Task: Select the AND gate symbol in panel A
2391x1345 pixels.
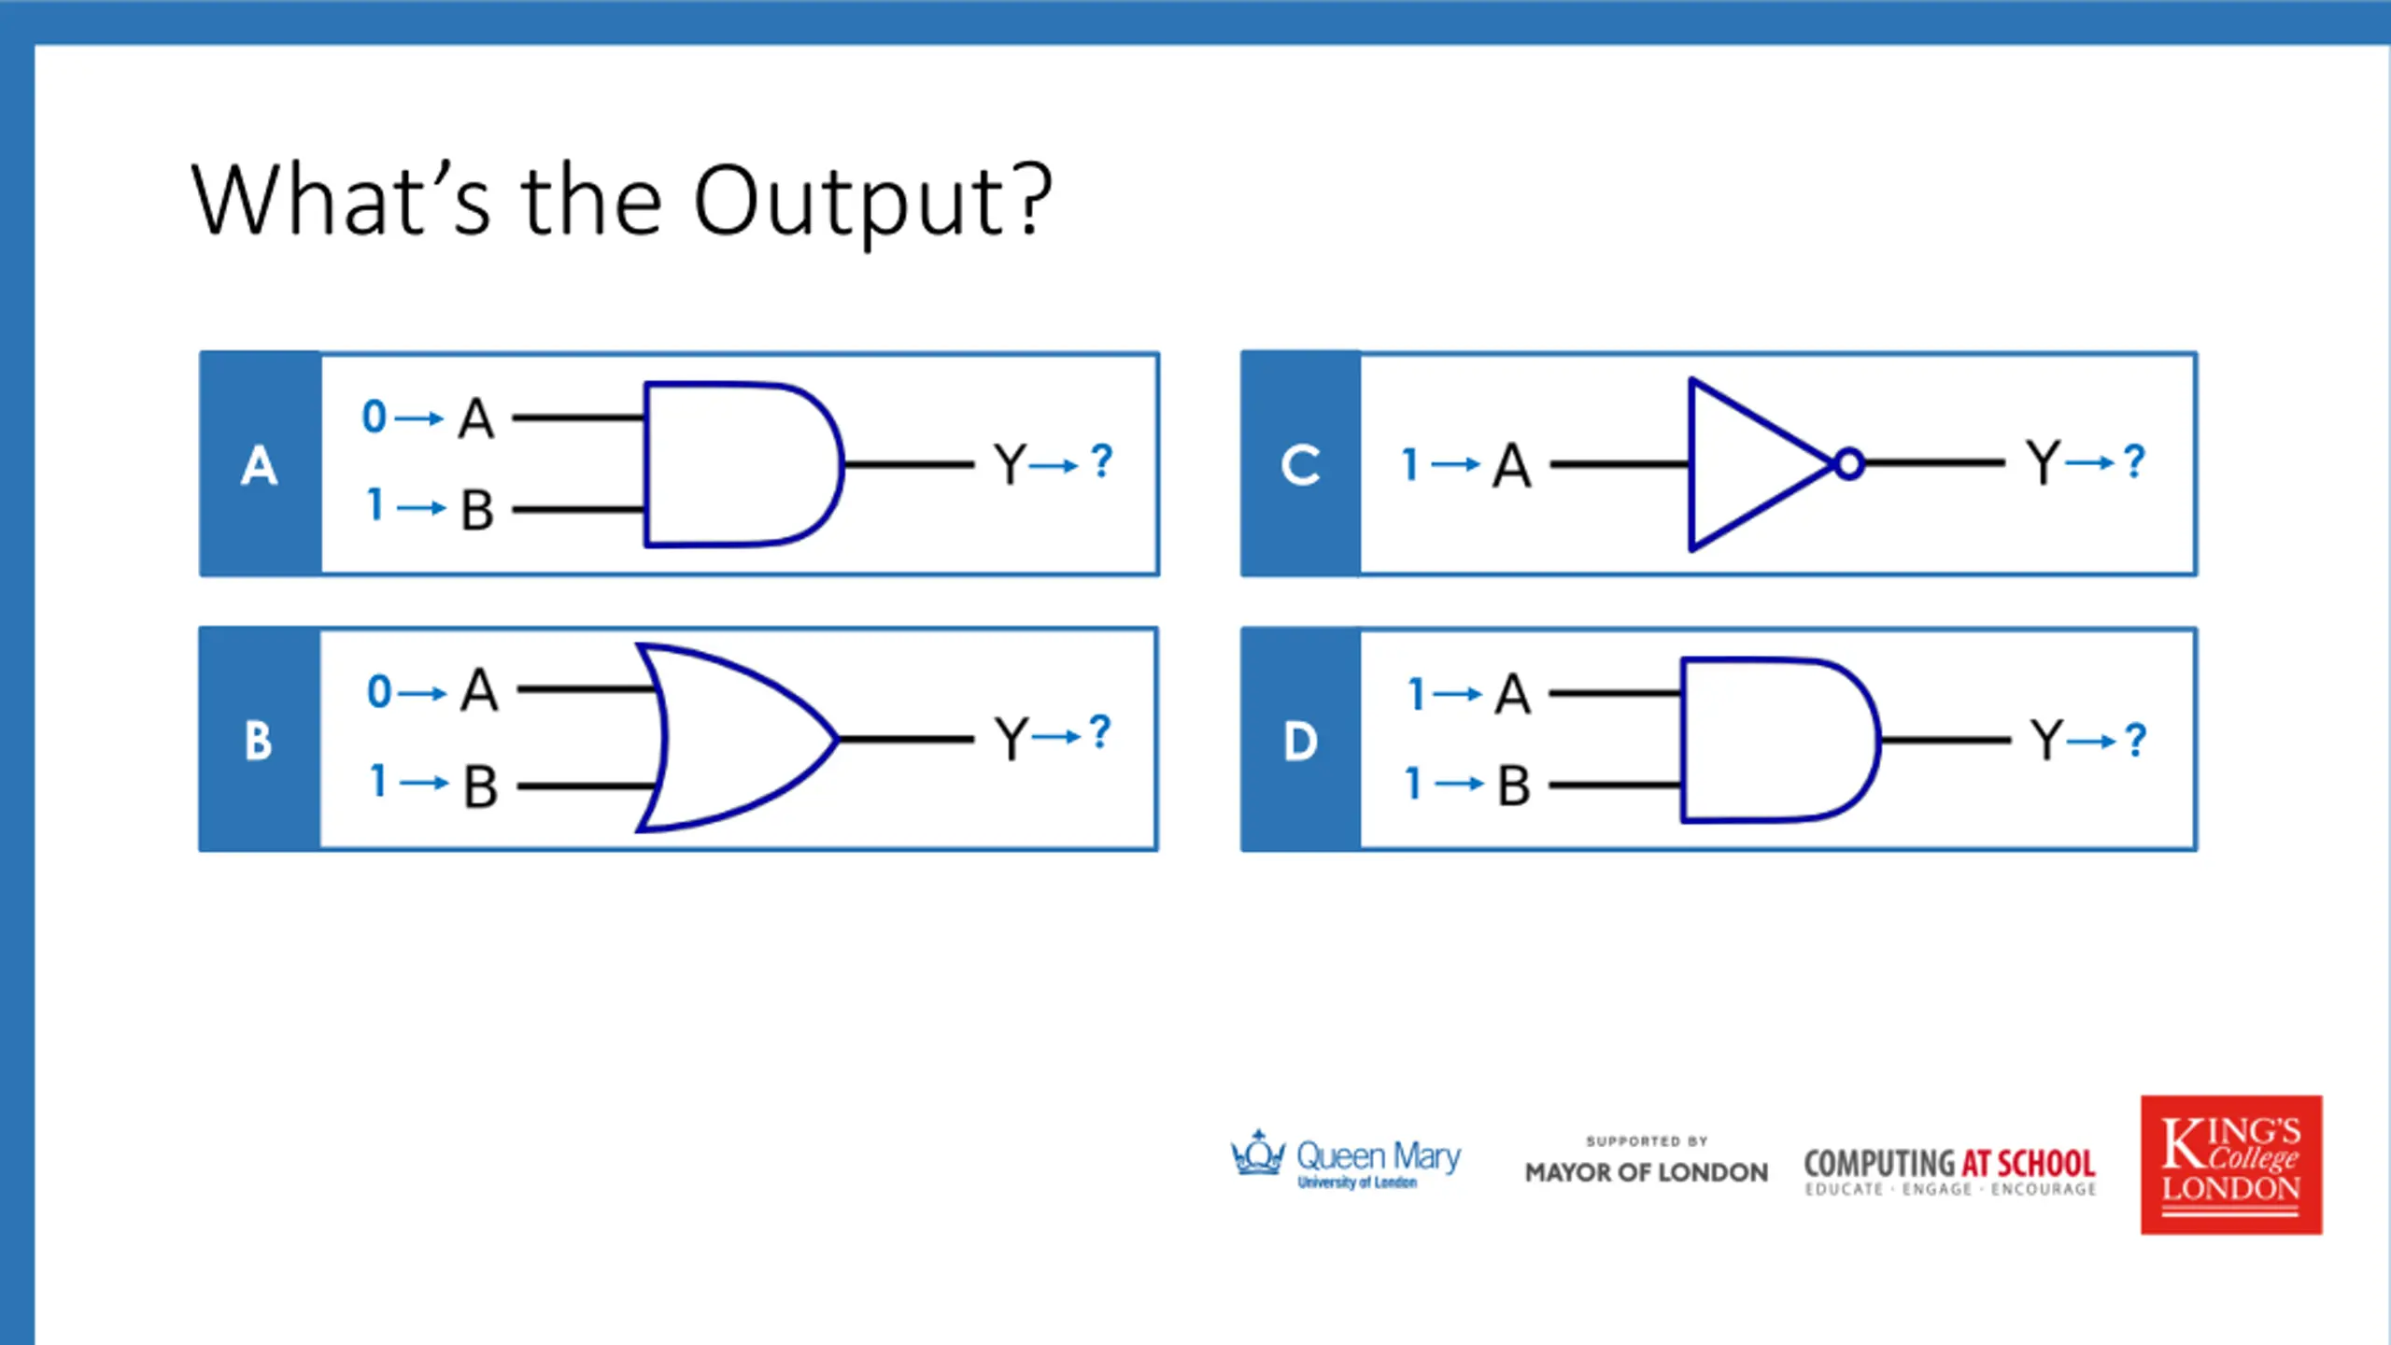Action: coord(738,464)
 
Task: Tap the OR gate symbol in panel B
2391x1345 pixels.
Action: coord(733,738)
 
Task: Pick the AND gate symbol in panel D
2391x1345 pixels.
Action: coord(1775,740)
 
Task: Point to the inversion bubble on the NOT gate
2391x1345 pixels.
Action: coord(1849,464)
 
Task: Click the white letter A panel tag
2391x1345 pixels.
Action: coord(260,465)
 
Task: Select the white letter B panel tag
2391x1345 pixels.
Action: coord(259,741)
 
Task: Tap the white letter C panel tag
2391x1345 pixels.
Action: coord(1300,465)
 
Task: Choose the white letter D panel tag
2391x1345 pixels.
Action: coord(1300,741)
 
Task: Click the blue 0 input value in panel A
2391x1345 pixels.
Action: coord(374,417)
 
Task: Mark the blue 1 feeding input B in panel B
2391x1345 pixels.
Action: coord(377,781)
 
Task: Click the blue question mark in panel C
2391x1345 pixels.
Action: coord(2134,461)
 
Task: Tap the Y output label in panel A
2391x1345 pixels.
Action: coord(1010,464)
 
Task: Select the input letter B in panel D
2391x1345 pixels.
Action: coord(1514,786)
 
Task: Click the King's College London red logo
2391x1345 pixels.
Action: coord(2231,1165)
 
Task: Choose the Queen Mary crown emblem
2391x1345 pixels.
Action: coord(1257,1154)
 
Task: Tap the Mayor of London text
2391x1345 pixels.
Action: coord(1647,1172)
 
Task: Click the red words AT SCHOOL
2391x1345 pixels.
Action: coord(2028,1164)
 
